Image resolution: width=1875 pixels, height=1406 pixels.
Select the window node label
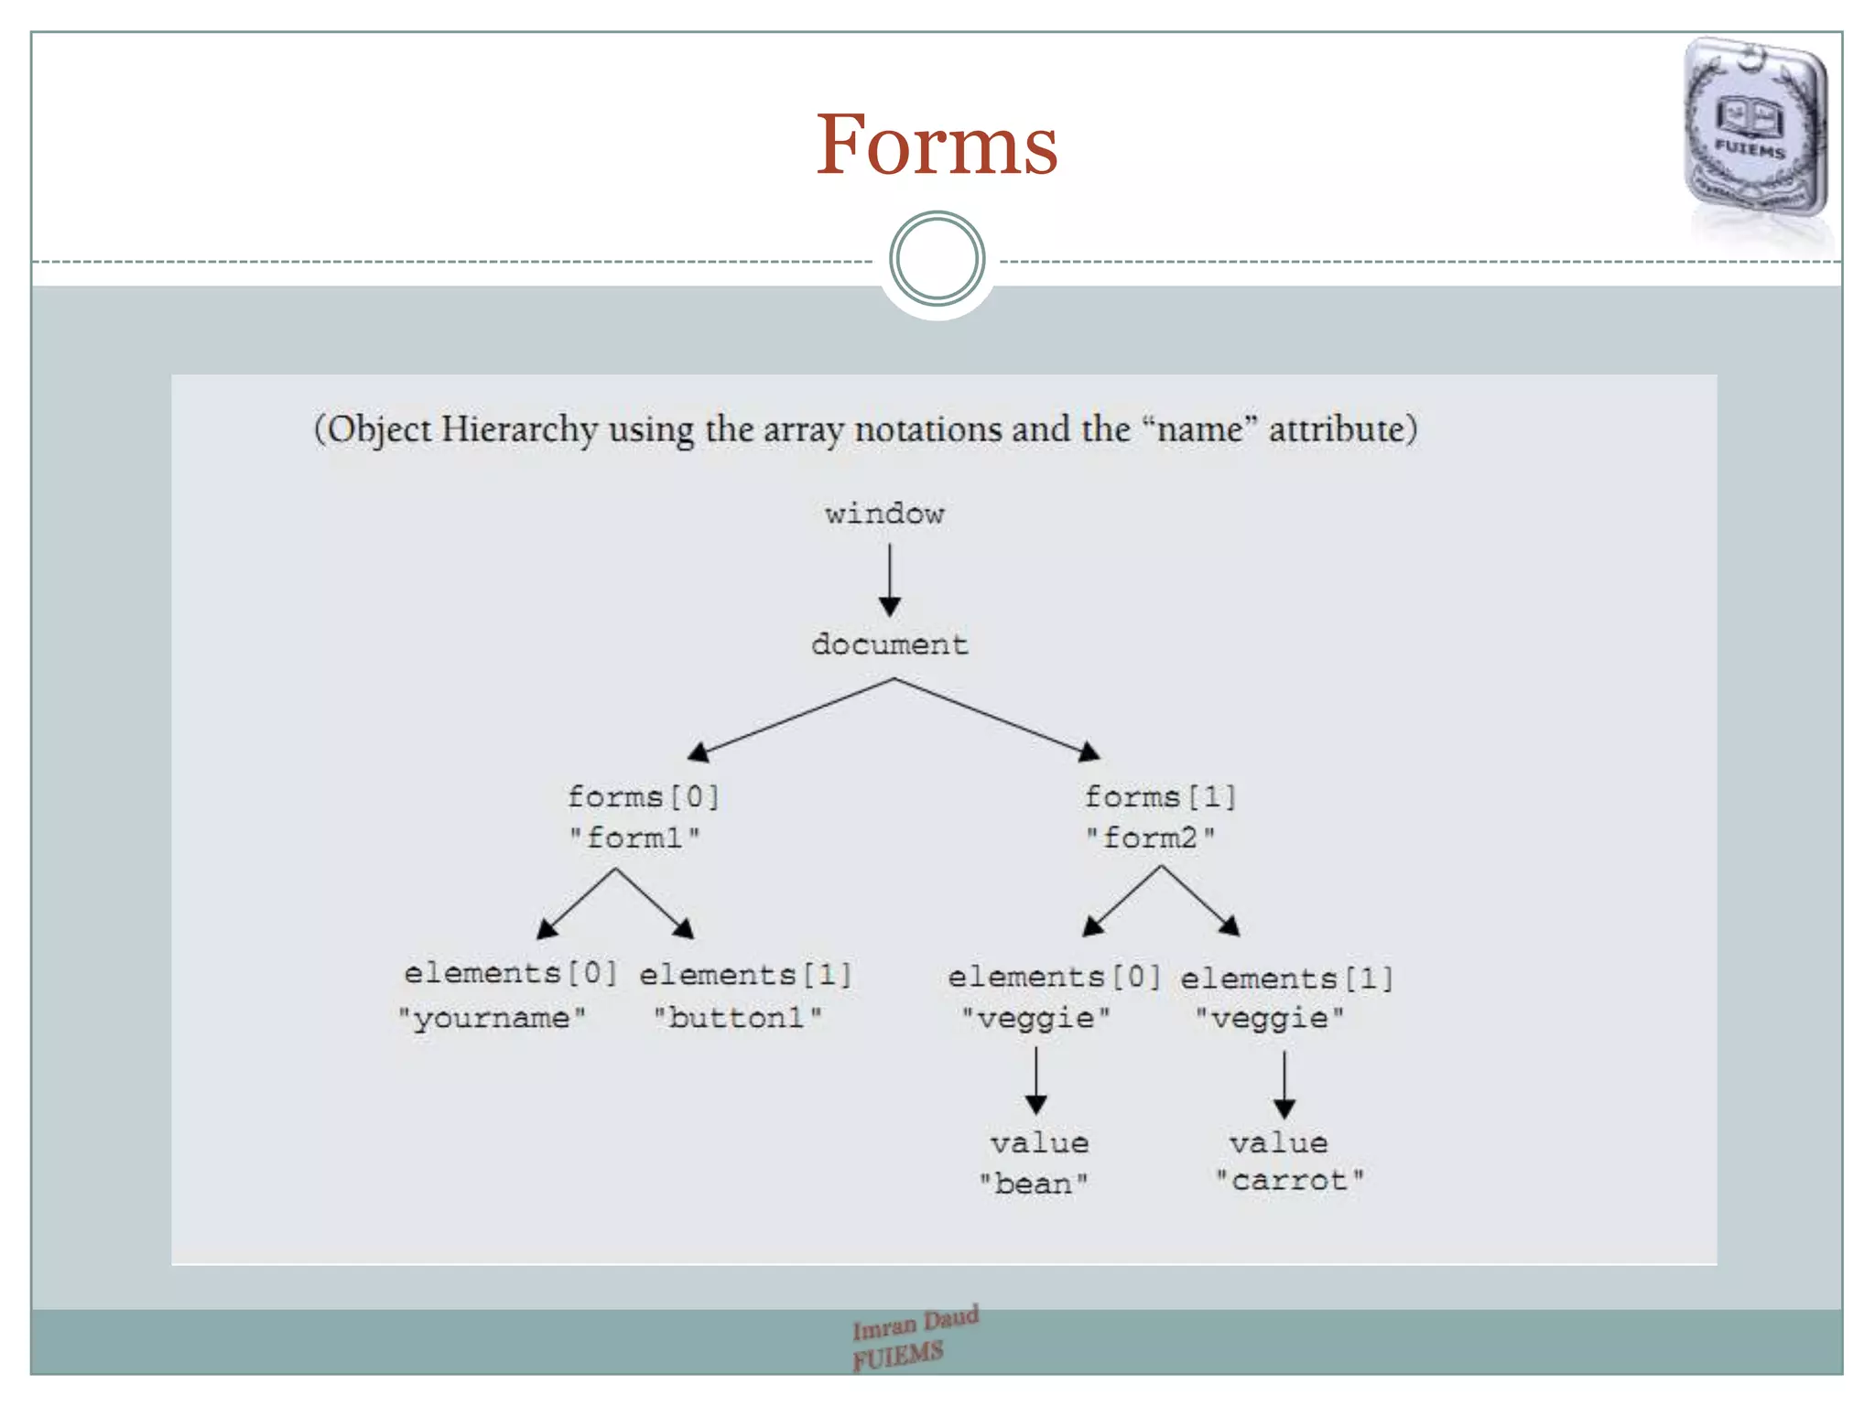coord(884,514)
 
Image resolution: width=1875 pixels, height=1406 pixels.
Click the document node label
coord(889,644)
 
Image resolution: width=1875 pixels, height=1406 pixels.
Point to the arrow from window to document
coord(889,579)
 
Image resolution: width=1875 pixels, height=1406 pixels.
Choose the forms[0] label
coord(644,796)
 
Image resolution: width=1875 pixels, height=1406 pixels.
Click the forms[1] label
coord(1160,796)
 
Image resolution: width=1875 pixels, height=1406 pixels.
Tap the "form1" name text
coord(634,838)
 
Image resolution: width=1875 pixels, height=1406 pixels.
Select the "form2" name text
coord(1151,838)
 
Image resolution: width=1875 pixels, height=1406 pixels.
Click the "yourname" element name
coord(492,1018)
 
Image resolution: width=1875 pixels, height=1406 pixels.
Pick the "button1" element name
coord(737,1018)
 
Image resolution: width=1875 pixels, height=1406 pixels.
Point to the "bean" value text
coord(1034,1184)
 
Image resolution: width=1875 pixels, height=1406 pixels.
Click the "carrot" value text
coord(1289,1181)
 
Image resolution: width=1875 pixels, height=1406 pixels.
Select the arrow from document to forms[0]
coord(791,719)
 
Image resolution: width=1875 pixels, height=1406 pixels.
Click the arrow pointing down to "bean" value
coord(1036,1080)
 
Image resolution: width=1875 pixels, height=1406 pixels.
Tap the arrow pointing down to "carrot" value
coord(1284,1084)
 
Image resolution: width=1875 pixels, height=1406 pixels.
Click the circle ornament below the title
coord(937,259)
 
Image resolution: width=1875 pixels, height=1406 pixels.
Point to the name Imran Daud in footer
coord(916,1322)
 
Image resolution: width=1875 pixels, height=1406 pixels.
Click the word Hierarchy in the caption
coord(519,429)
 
